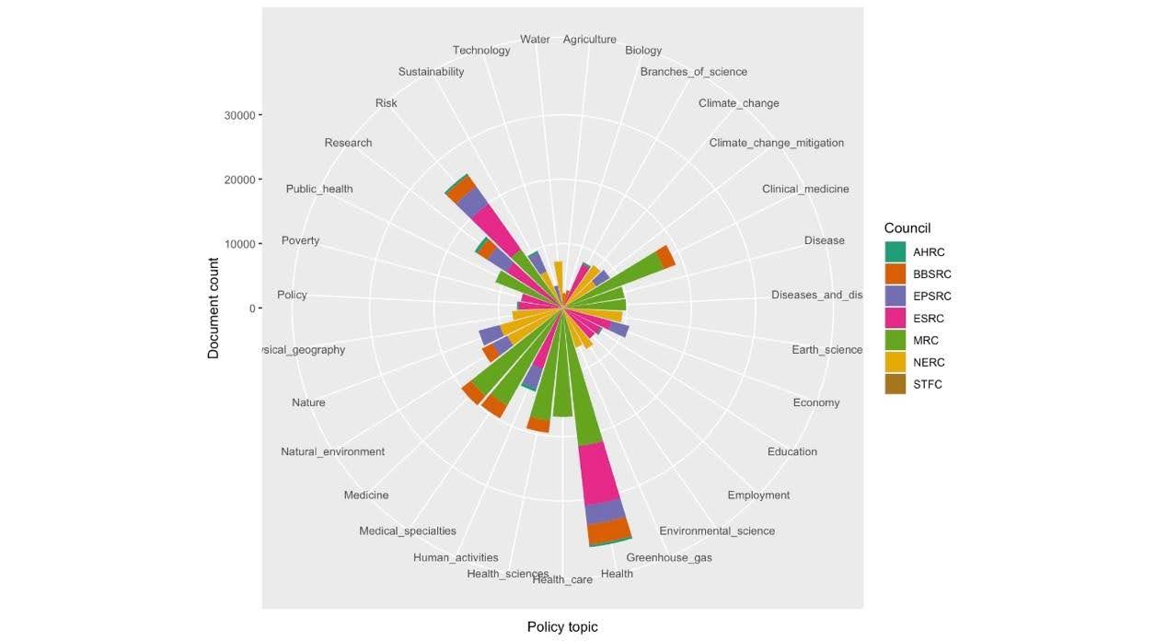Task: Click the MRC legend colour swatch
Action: click(895, 341)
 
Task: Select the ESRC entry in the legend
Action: click(929, 319)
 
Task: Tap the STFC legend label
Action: click(928, 385)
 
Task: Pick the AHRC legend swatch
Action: click(895, 252)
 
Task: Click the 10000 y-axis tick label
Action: click(239, 244)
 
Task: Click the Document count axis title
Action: click(214, 308)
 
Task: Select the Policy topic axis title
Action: click(562, 627)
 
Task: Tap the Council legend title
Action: click(907, 228)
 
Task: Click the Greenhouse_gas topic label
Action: click(669, 558)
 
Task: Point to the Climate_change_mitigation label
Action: click(776, 143)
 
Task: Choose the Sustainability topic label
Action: click(431, 72)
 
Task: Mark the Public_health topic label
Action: click(319, 189)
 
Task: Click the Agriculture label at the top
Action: click(589, 40)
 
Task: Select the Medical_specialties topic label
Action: click(407, 531)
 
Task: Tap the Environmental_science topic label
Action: click(717, 531)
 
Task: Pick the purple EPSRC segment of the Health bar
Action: click(605, 512)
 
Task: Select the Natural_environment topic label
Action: click(332, 452)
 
